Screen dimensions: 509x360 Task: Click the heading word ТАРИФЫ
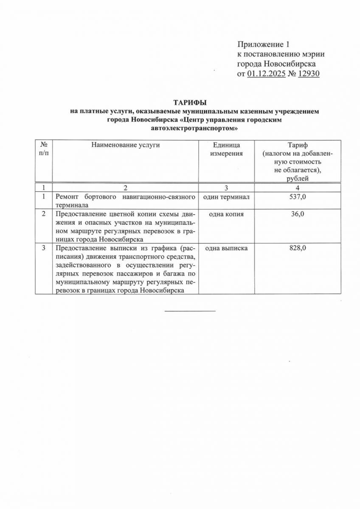[190, 103]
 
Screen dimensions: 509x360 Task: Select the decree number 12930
[309, 74]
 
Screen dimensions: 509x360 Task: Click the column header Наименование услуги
[126, 145]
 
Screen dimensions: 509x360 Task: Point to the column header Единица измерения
[227, 149]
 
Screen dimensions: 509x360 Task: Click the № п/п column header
[44, 149]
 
